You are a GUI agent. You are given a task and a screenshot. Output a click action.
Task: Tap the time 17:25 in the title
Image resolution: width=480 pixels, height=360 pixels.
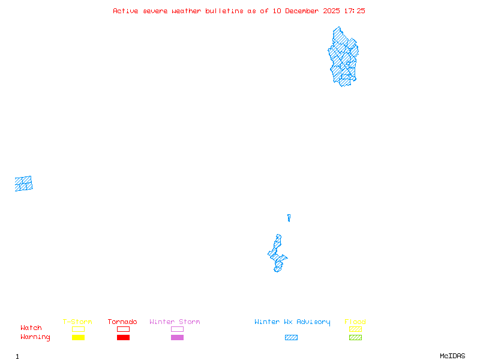(x=355, y=11)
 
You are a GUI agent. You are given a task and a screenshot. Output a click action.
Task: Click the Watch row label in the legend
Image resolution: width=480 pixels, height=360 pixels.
(x=31, y=328)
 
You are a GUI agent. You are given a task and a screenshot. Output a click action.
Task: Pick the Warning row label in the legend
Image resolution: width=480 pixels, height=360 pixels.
(x=35, y=337)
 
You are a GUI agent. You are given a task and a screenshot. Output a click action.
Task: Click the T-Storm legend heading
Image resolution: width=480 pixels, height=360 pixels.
(x=77, y=322)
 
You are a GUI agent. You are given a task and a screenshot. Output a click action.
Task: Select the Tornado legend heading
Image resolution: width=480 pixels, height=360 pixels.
(x=122, y=322)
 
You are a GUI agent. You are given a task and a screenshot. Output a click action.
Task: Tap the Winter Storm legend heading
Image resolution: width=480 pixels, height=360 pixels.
(x=175, y=322)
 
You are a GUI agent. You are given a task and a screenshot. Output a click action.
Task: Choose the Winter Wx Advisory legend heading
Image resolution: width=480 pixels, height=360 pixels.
(x=292, y=322)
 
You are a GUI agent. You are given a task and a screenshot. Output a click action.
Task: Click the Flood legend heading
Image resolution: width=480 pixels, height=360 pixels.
(x=355, y=322)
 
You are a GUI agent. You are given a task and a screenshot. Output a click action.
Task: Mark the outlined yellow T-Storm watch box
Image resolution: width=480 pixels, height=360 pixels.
(x=78, y=329)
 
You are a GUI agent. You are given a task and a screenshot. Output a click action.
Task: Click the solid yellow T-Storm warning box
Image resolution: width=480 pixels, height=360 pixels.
(x=78, y=337)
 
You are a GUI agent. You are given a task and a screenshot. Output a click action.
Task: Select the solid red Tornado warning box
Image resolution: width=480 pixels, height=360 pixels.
(x=123, y=337)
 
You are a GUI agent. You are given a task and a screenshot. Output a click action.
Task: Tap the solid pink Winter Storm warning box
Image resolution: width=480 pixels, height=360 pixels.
(x=177, y=337)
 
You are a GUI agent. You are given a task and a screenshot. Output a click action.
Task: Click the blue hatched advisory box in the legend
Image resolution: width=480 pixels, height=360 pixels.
(x=291, y=337)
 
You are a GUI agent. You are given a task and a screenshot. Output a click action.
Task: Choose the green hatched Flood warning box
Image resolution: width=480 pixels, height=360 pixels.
(x=355, y=337)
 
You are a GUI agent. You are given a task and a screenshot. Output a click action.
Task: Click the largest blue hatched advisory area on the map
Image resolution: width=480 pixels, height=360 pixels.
(x=343, y=57)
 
